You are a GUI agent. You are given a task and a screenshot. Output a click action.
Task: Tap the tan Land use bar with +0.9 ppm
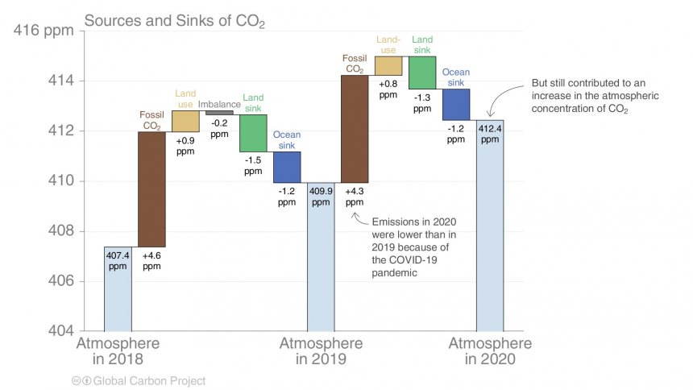[x=185, y=121]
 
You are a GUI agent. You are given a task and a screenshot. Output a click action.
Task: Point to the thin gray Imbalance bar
[x=219, y=113]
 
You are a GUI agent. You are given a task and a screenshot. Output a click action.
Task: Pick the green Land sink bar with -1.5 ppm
[x=253, y=133]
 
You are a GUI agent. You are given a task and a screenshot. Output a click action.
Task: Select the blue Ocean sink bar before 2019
[x=287, y=167]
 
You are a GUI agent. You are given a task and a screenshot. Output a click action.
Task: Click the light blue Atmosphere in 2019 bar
[x=321, y=266]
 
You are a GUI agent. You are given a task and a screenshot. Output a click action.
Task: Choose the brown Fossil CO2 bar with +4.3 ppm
[x=355, y=129]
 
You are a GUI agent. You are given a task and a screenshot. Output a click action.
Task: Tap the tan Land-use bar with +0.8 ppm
[x=388, y=66]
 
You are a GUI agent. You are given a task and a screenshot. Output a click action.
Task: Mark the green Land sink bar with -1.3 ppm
[x=422, y=73]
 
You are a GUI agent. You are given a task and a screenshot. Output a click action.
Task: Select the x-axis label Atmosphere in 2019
[x=321, y=351]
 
